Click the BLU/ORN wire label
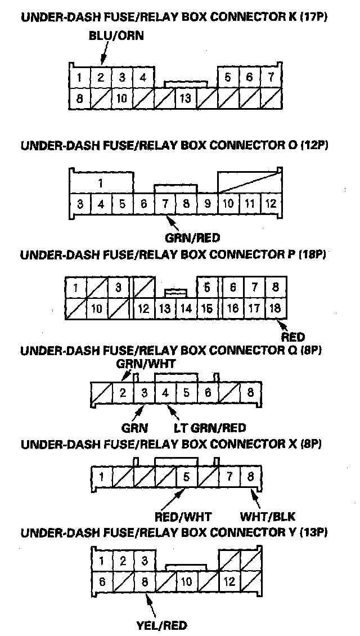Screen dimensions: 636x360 116,36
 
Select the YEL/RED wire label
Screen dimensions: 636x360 161,625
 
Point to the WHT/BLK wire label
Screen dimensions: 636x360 268,516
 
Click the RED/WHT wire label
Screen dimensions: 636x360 182,516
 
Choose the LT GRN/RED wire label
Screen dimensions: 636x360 209,428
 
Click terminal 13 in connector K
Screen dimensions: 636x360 184,99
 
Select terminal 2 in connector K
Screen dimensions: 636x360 101,78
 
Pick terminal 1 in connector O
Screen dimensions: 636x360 100,183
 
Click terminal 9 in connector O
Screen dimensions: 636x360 208,203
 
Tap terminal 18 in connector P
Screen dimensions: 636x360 275,308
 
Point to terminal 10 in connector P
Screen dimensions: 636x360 96,308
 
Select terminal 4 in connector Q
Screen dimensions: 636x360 165,392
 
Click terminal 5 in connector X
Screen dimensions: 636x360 186,478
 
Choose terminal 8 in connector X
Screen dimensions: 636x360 250,478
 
